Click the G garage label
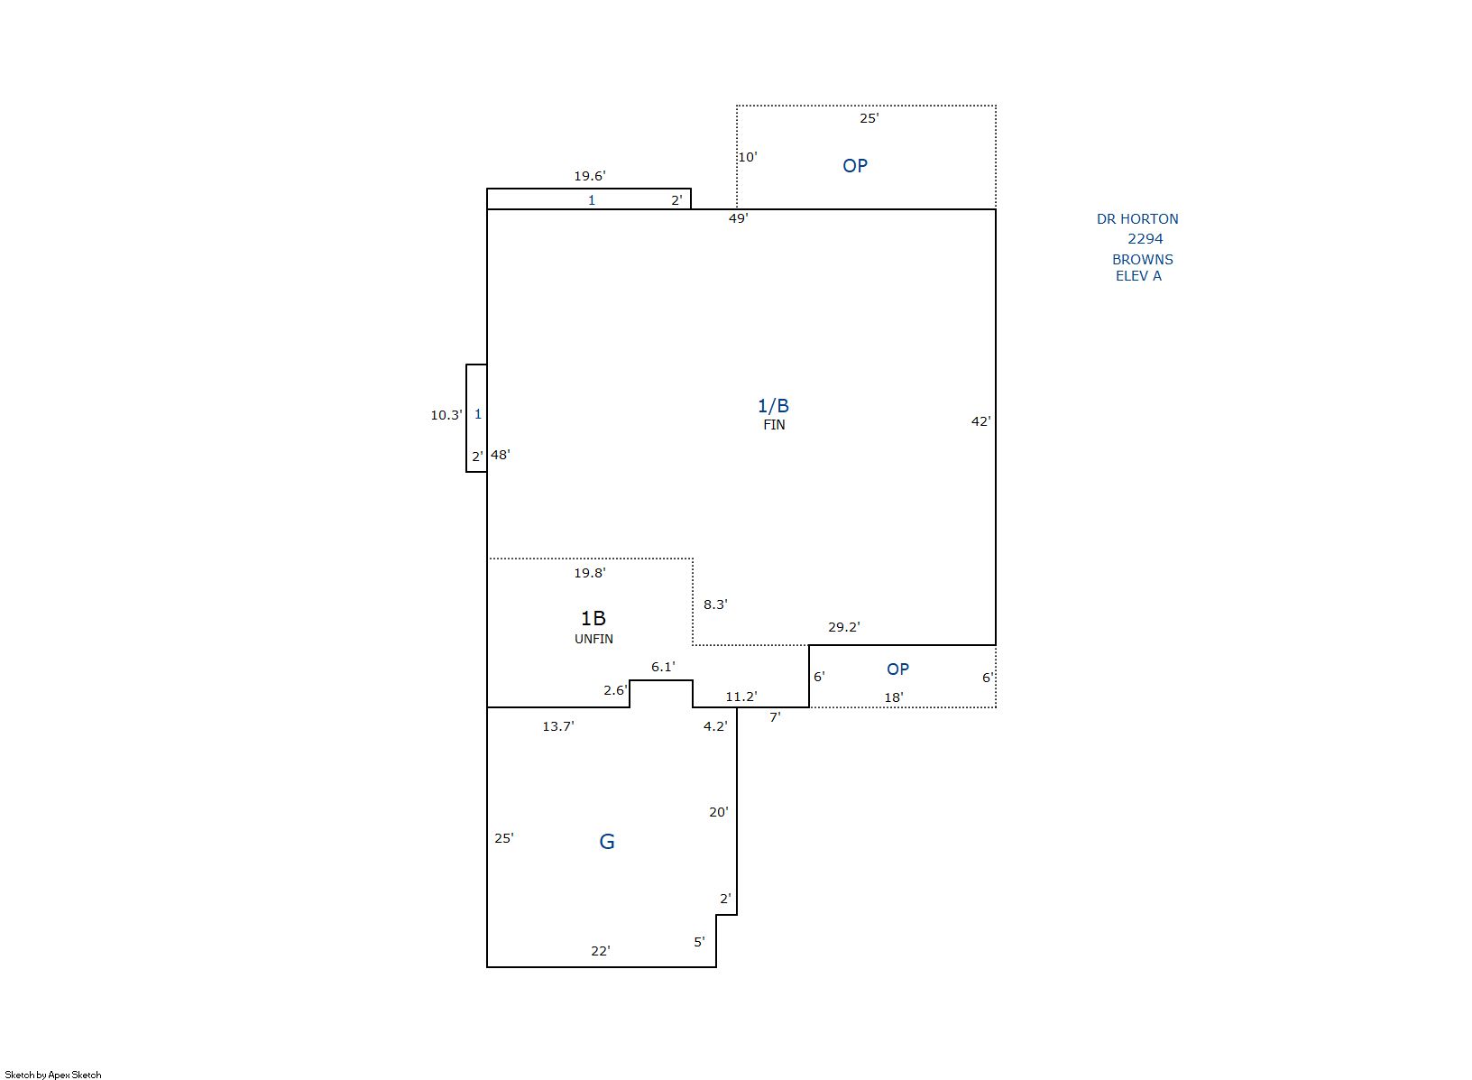coord(606,842)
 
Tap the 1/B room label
coord(774,406)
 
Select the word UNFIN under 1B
coord(593,639)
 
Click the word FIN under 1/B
coord(774,425)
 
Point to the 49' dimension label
coord(739,218)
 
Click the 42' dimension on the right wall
coord(981,421)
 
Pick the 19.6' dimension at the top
coord(590,176)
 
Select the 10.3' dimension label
coord(446,415)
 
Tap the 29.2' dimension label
coord(843,627)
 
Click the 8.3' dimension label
coord(715,605)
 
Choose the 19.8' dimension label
coord(590,573)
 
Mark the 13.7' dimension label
coord(558,726)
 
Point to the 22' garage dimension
coord(600,950)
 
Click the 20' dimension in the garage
coord(718,812)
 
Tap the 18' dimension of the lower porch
coord(894,697)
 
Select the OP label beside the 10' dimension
coord(855,166)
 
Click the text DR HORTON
coord(1137,219)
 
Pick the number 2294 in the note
coord(1145,239)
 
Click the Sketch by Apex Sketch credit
coord(53,1075)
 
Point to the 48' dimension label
coord(500,454)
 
